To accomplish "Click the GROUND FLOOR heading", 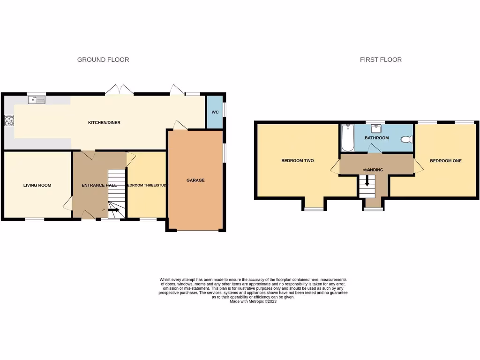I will (103, 60).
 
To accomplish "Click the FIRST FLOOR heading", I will (381, 60).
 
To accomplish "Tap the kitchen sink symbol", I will (36, 99).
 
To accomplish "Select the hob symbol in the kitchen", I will (9, 121).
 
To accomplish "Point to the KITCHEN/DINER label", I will (105, 123).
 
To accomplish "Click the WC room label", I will (215, 112).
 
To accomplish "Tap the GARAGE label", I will (195, 180).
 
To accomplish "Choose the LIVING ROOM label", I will (37, 185).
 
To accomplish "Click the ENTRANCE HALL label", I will (99, 185).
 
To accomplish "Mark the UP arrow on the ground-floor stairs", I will (113, 210).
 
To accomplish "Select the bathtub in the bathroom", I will (347, 138).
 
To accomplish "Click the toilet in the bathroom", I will (406, 139).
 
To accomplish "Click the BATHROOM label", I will (377, 138).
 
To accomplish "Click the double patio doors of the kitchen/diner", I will (120, 89).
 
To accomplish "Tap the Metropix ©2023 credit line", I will (253, 302).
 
